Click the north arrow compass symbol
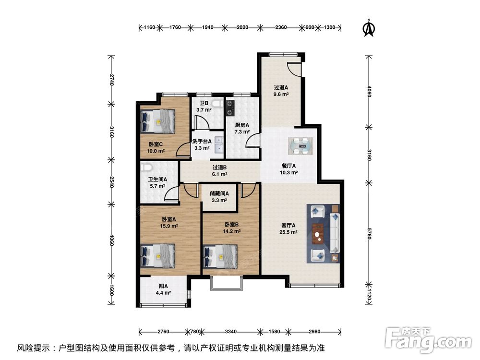[x=369, y=28]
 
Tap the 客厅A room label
[x=288, y=225]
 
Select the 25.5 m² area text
[x=288, y=232]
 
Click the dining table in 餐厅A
[x=300, y=146]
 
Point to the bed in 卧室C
[x=157, y=121]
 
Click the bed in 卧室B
[x=220, y=256]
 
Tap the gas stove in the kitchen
[x=230, y=108]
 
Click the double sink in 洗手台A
[x=219, y=144]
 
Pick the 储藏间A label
[x=219, y=193]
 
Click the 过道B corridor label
[x=219, y=168]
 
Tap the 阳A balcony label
[x=163, y=286]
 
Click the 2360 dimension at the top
[x=281, y=27]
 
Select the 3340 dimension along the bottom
[x=230, y=331]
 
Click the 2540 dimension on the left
[x=111, y=182]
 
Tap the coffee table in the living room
[x=318, y=234]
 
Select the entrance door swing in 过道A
[x=295, y=69]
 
